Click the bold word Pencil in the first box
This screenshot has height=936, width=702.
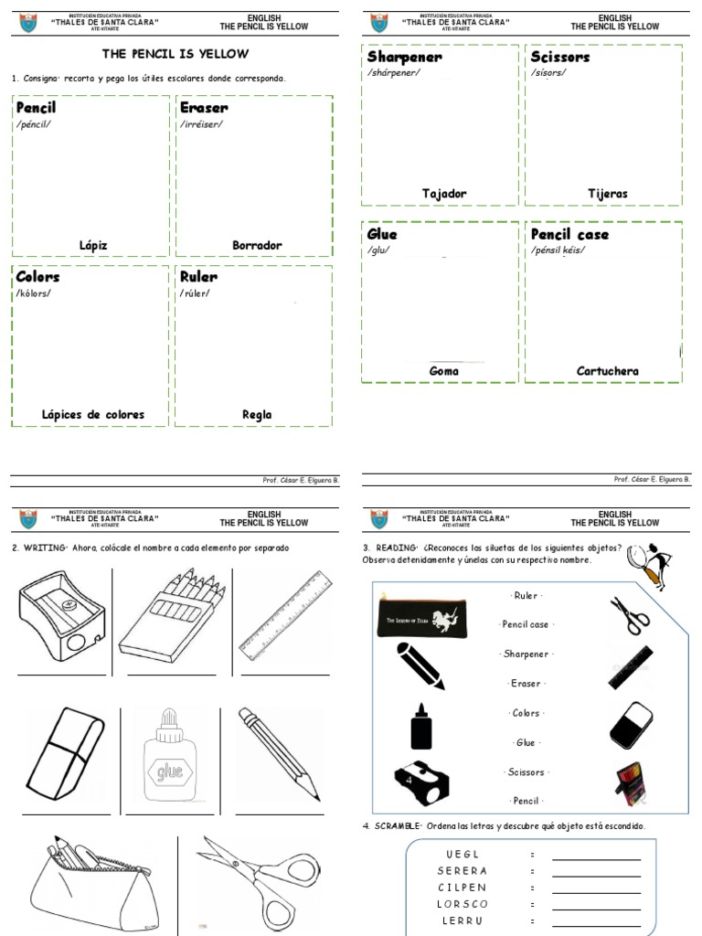pyautogui.click(x=36, y=108)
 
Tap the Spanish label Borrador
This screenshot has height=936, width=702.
pyautogui.click(x=257, y=245)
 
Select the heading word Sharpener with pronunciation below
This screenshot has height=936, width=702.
pyautogui.click(x=404, y=58)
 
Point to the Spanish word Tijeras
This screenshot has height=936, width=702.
pyautogui.click(x=608, y=194)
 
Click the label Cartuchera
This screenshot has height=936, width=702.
pyautogui.click(x=608, y=371)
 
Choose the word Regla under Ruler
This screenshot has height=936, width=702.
pyautogui.click(x=257, y=414)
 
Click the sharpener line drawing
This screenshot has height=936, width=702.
pyautogui.click(x=61, y=618)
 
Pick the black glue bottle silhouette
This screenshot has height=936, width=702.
pyautogui.click(x=420, y=728)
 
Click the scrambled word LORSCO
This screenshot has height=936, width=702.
pyautogui.click(x=462, y=904)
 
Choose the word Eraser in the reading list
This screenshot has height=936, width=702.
pyautogui.click(x=526, y=684)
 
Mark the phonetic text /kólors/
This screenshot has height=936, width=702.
pyautogui.click(x=34, y=292)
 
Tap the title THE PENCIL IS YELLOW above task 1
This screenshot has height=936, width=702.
pyautogui.click(x=175, y=54)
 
